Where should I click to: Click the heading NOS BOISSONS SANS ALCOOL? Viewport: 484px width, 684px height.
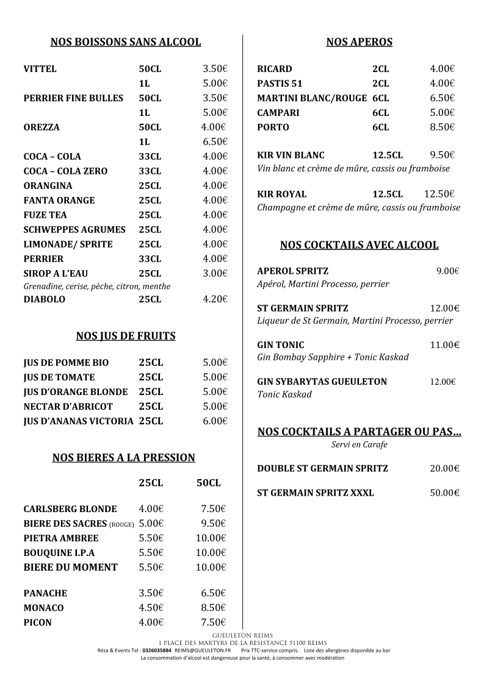(x=126, y=42)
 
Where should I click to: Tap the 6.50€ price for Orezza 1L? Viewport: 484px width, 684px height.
(x=215, y=142)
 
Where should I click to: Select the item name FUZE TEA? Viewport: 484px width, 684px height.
(x=45, y=215)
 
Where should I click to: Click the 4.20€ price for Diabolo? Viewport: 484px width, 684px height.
(x=215, y=299)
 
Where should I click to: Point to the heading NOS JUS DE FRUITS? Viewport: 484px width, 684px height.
(x=126, y=336)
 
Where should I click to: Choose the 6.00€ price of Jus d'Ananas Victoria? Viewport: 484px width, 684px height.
(x=215, y=421)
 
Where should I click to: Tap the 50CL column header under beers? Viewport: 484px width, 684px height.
(x=209, y=483)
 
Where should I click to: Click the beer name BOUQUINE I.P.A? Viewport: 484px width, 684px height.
(x=59, y=553)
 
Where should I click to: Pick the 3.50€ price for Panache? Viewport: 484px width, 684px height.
(x=151, y=593)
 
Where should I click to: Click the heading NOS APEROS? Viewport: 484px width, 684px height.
(x=359, y=42)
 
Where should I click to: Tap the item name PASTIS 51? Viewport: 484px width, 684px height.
(x=280, y=84)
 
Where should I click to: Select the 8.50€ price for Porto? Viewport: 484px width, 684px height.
(x=442, y=127)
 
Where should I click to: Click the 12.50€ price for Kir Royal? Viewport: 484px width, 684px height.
(x=439, y=194)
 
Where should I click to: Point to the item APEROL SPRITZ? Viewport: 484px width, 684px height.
(x=293, y=271)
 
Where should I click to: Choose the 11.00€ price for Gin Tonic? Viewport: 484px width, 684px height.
(x=444, y=345)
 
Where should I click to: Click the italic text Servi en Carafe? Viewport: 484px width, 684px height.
(x=359, y=445)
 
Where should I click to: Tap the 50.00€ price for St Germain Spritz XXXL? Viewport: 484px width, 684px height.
(x=444, y=493)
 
